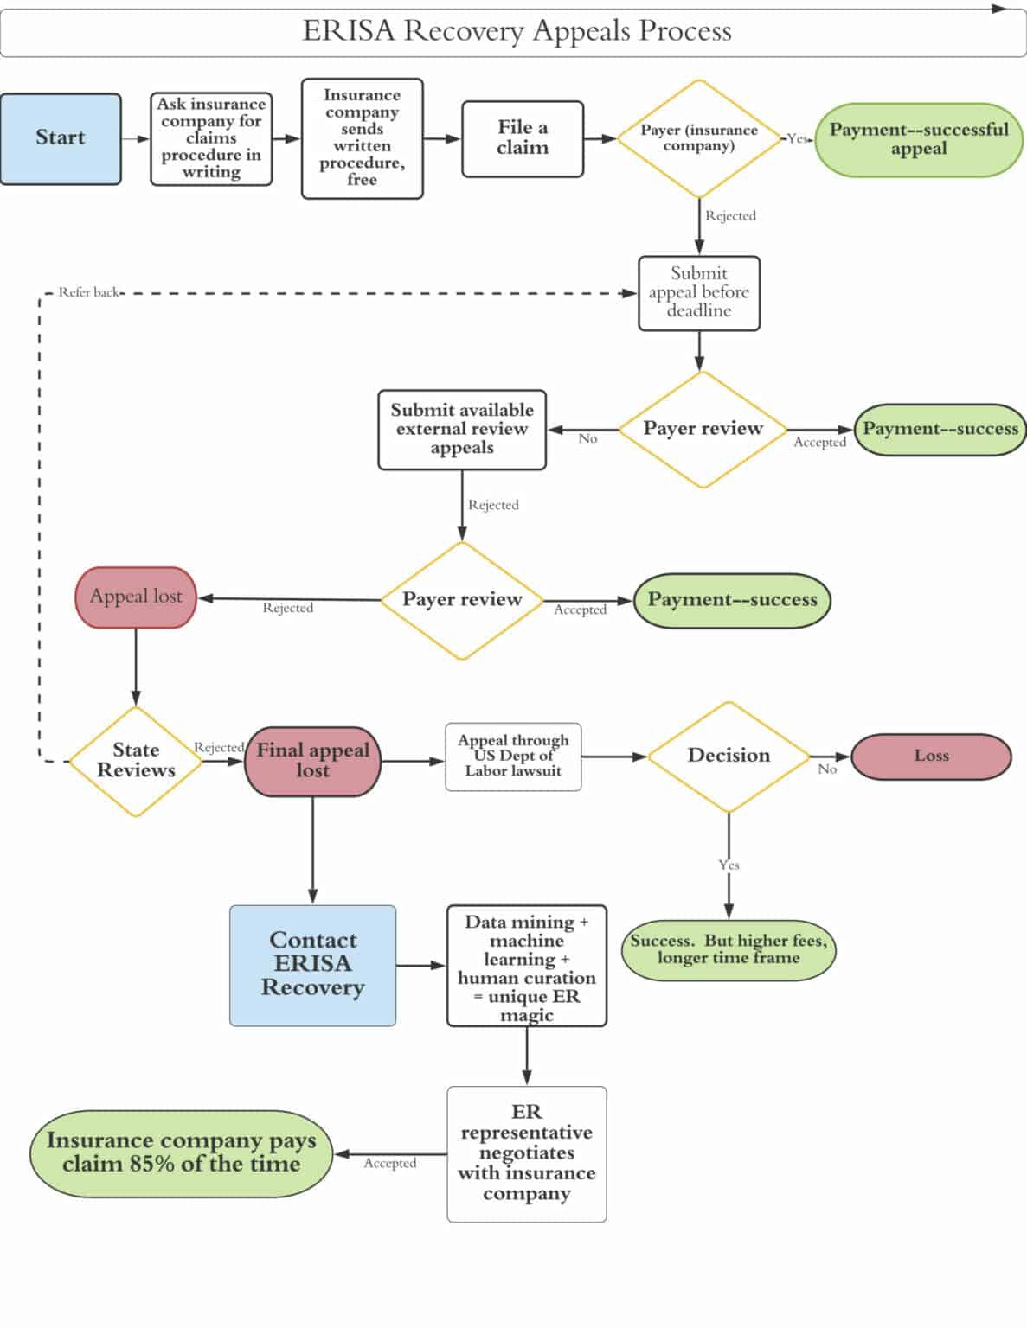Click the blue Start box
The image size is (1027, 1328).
61,138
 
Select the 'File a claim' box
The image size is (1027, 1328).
523,138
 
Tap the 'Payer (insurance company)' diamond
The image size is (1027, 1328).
699,138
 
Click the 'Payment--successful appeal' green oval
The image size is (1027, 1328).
919,139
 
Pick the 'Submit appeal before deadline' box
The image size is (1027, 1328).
699,292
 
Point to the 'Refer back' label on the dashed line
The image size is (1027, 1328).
89,292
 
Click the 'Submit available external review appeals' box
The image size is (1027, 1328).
462,429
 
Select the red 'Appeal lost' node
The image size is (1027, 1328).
136,597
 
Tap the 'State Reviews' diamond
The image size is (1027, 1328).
136,761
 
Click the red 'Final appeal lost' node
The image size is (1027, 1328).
312,761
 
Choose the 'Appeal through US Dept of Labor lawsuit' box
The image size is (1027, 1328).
513,757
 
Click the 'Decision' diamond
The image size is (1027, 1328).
729,757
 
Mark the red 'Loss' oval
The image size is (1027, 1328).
931,757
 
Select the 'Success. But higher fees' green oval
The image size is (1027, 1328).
729,949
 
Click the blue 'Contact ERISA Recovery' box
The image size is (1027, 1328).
312,965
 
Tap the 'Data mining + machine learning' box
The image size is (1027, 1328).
526,966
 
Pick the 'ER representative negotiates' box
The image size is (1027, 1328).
526,1153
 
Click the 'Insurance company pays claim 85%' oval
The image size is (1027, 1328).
181,1153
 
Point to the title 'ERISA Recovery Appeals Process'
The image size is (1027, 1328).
517,31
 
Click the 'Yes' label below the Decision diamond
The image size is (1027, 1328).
729,865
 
